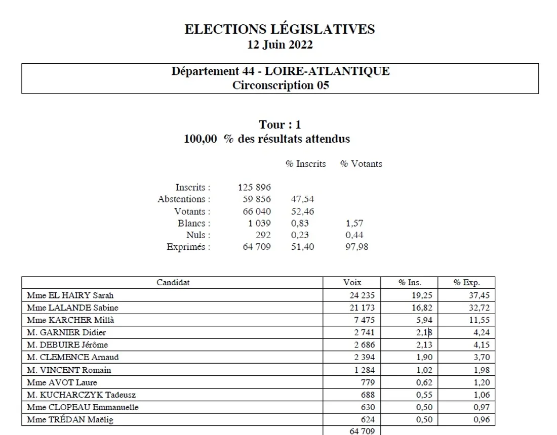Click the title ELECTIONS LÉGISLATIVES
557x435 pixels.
click(280, 29)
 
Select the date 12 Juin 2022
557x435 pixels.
click(280, 45)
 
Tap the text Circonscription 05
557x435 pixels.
click(280, 85)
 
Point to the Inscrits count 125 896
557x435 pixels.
click(254, 187)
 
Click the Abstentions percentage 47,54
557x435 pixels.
click(302, 199)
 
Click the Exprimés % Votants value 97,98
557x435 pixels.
click(356, 247)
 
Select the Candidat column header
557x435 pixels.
click(173, 283)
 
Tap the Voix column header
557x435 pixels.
click(352, 283)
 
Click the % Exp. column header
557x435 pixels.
click(466, 283)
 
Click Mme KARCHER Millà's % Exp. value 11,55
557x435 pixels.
click(478, 320)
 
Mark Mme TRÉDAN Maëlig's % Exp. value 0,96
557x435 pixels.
click(480, 420)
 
